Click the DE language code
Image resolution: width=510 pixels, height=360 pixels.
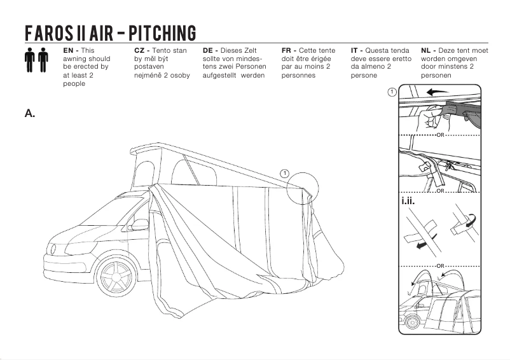[210, 50]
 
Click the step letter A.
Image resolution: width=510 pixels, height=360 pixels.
[29, 113]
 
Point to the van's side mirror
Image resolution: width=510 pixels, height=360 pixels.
[139, 225]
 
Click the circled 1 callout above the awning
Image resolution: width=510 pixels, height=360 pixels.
[284, 173]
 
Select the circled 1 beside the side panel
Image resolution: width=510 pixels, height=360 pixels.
[392, 92]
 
